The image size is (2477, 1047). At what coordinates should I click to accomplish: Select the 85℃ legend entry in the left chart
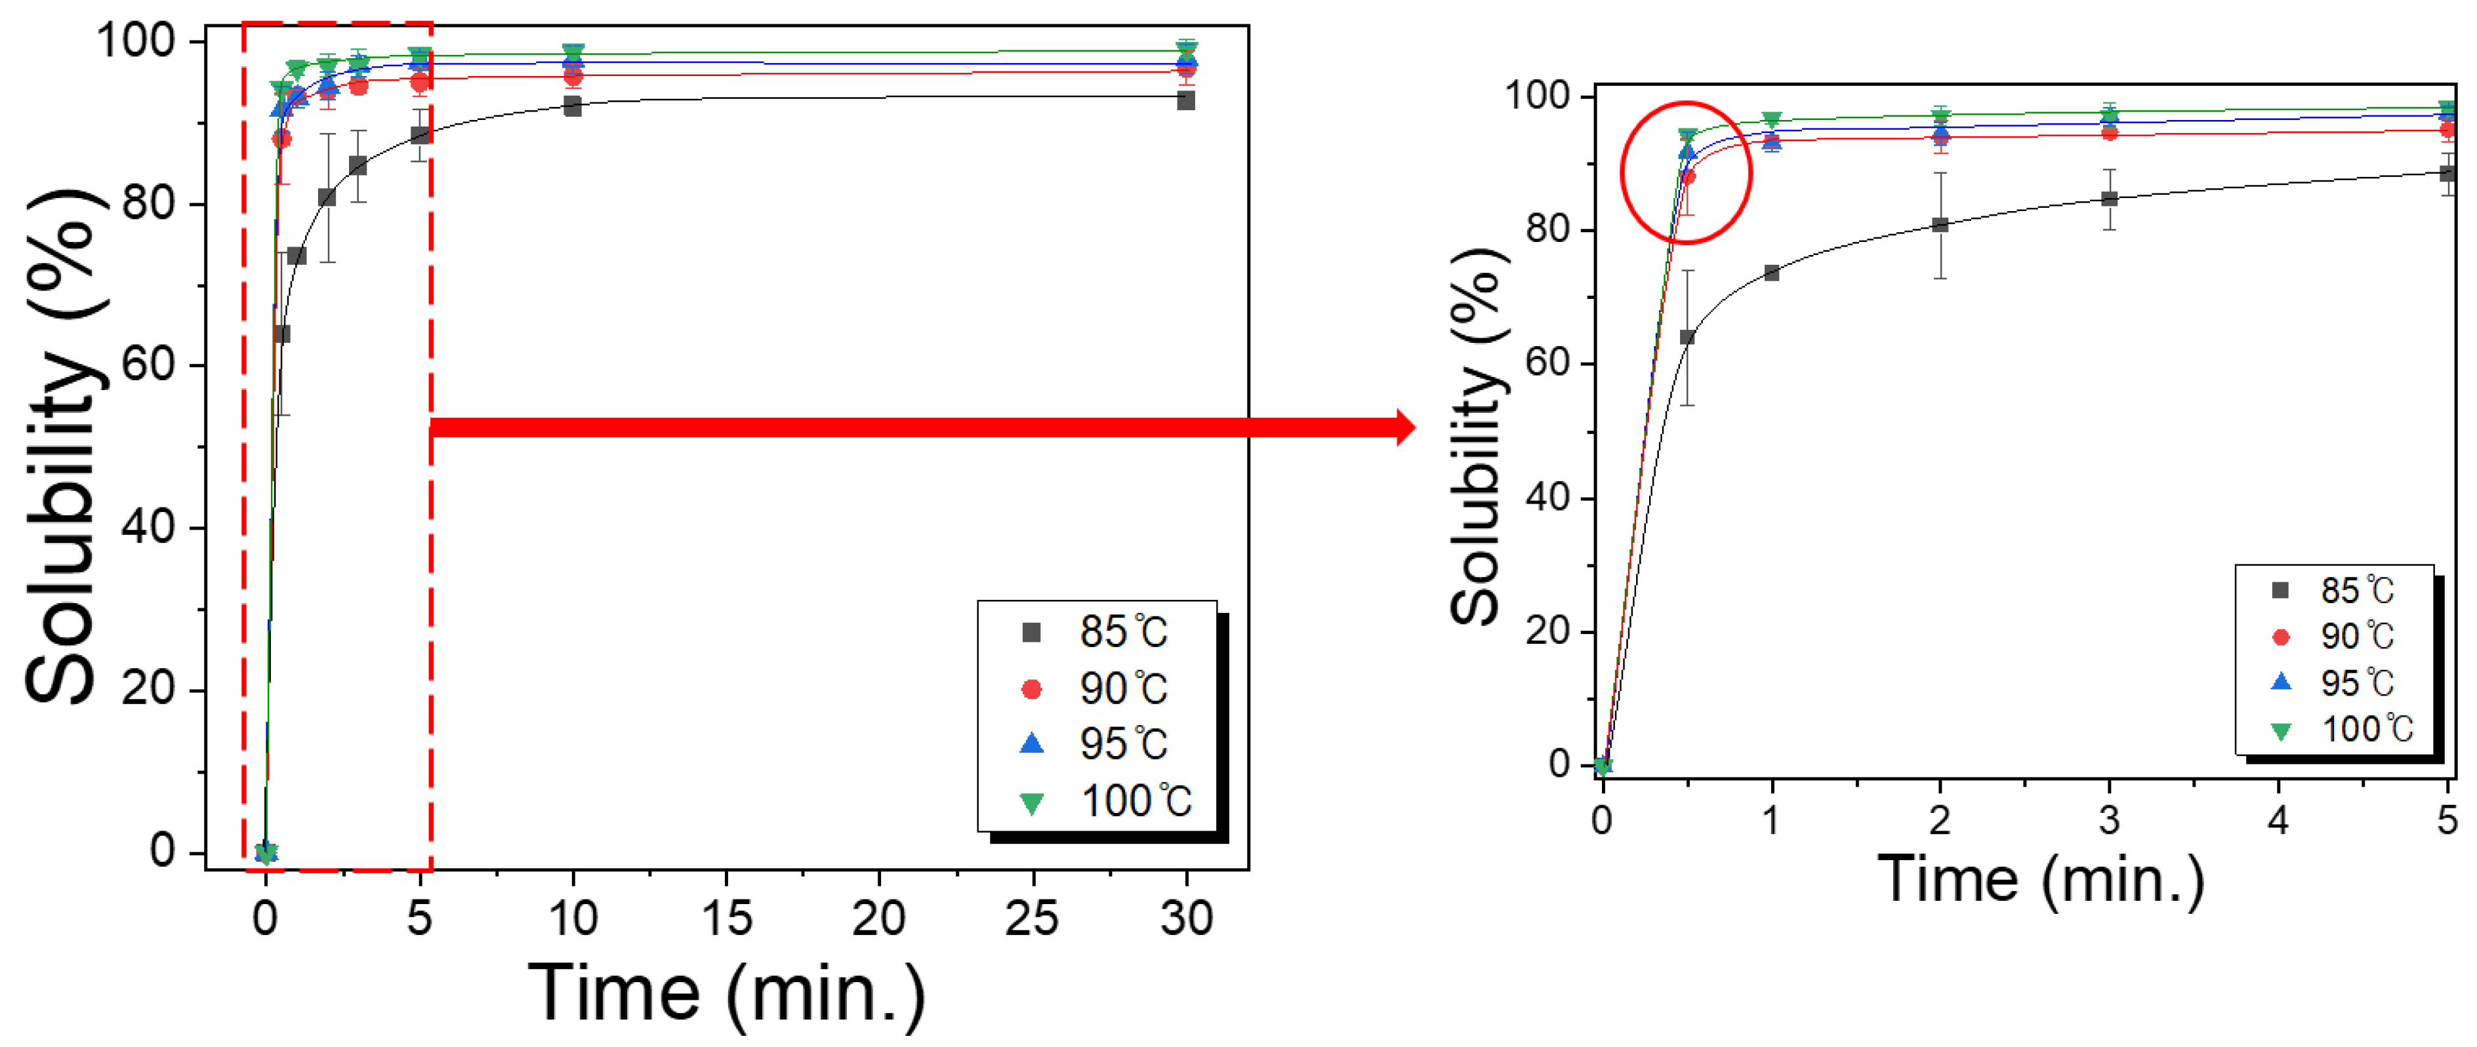click(1096, 631)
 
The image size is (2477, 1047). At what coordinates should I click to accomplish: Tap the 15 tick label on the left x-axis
click(726, 918)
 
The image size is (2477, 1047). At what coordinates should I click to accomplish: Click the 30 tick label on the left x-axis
click(1185, 918)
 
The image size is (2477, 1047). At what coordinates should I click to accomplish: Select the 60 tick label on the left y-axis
click(148, 365)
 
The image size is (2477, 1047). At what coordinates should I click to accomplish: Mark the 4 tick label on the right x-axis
click(2278, 820)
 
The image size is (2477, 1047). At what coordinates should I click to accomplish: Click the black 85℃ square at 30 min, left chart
click(1185, 100)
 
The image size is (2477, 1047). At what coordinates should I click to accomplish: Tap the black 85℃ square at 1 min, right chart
click(1771, 273)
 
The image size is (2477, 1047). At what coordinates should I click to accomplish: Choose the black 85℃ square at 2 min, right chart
click(1940, 225)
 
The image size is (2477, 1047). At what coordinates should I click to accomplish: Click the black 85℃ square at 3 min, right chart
click(2109, 199)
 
